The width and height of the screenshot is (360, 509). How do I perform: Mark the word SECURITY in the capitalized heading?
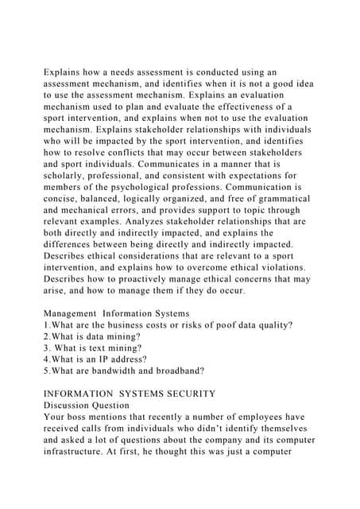click(192, 392)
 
